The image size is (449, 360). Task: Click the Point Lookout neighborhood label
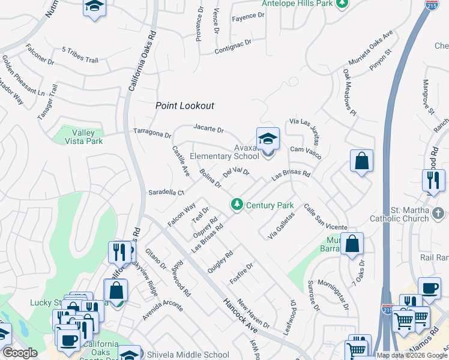click(184, 106)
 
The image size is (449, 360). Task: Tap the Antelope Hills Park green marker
click(342, 4)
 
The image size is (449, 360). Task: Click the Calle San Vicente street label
click(325, 218)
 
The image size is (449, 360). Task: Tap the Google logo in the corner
click(20, 353)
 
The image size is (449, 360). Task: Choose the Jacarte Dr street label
click(208, 128)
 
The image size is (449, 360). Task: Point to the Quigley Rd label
click(220, 260)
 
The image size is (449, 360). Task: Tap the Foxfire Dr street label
click(241, 274)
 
